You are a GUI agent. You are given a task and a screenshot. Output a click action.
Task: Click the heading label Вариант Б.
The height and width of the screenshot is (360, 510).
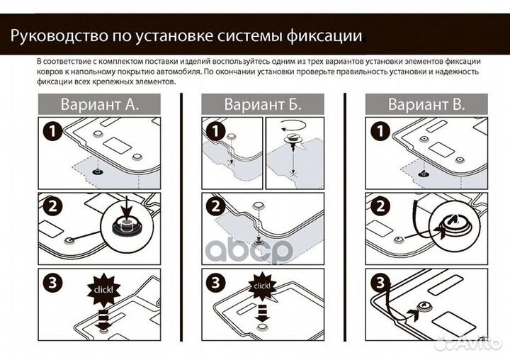(263, 105)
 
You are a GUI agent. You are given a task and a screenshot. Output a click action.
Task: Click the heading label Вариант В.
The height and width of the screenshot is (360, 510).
(426, 105)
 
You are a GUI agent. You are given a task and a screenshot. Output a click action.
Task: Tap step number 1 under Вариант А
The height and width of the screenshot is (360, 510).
(51, 131)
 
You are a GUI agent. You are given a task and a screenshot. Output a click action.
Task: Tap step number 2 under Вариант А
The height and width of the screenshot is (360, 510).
(51, 207)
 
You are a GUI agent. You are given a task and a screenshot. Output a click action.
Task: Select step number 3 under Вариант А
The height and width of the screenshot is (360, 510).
(51, 283)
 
